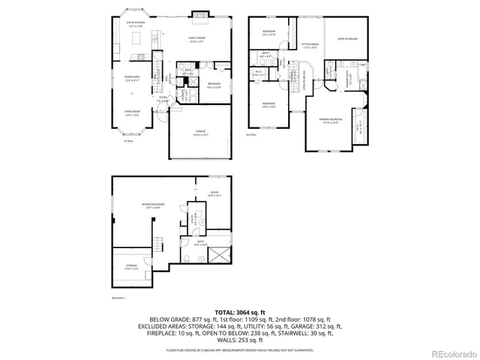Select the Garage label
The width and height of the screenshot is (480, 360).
(201, 133)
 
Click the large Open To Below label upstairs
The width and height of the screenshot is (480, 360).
(346, 39)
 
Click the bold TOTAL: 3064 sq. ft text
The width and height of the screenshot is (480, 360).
(240, 311)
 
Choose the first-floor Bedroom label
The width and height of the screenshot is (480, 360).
(214, 85)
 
